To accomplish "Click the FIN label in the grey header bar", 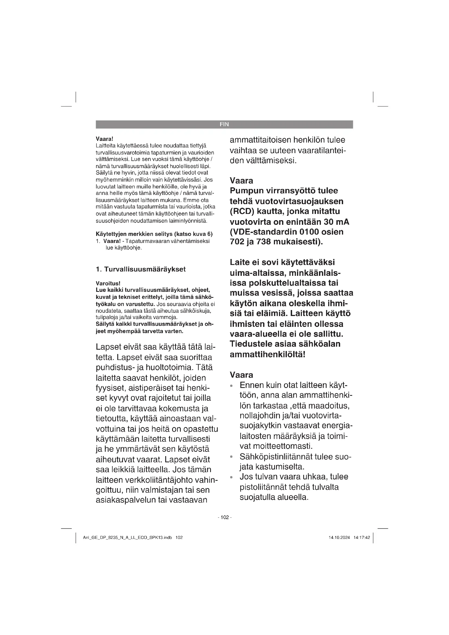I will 224,124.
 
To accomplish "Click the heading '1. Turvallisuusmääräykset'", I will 141,269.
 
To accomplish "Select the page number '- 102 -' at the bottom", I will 224,517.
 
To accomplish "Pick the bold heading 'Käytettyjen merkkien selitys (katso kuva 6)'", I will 154,234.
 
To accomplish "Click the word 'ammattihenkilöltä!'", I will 267,354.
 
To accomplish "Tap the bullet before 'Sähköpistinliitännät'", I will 231,457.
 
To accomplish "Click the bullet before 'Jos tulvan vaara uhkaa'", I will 231,477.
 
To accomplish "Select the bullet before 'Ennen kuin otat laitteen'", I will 231,386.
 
